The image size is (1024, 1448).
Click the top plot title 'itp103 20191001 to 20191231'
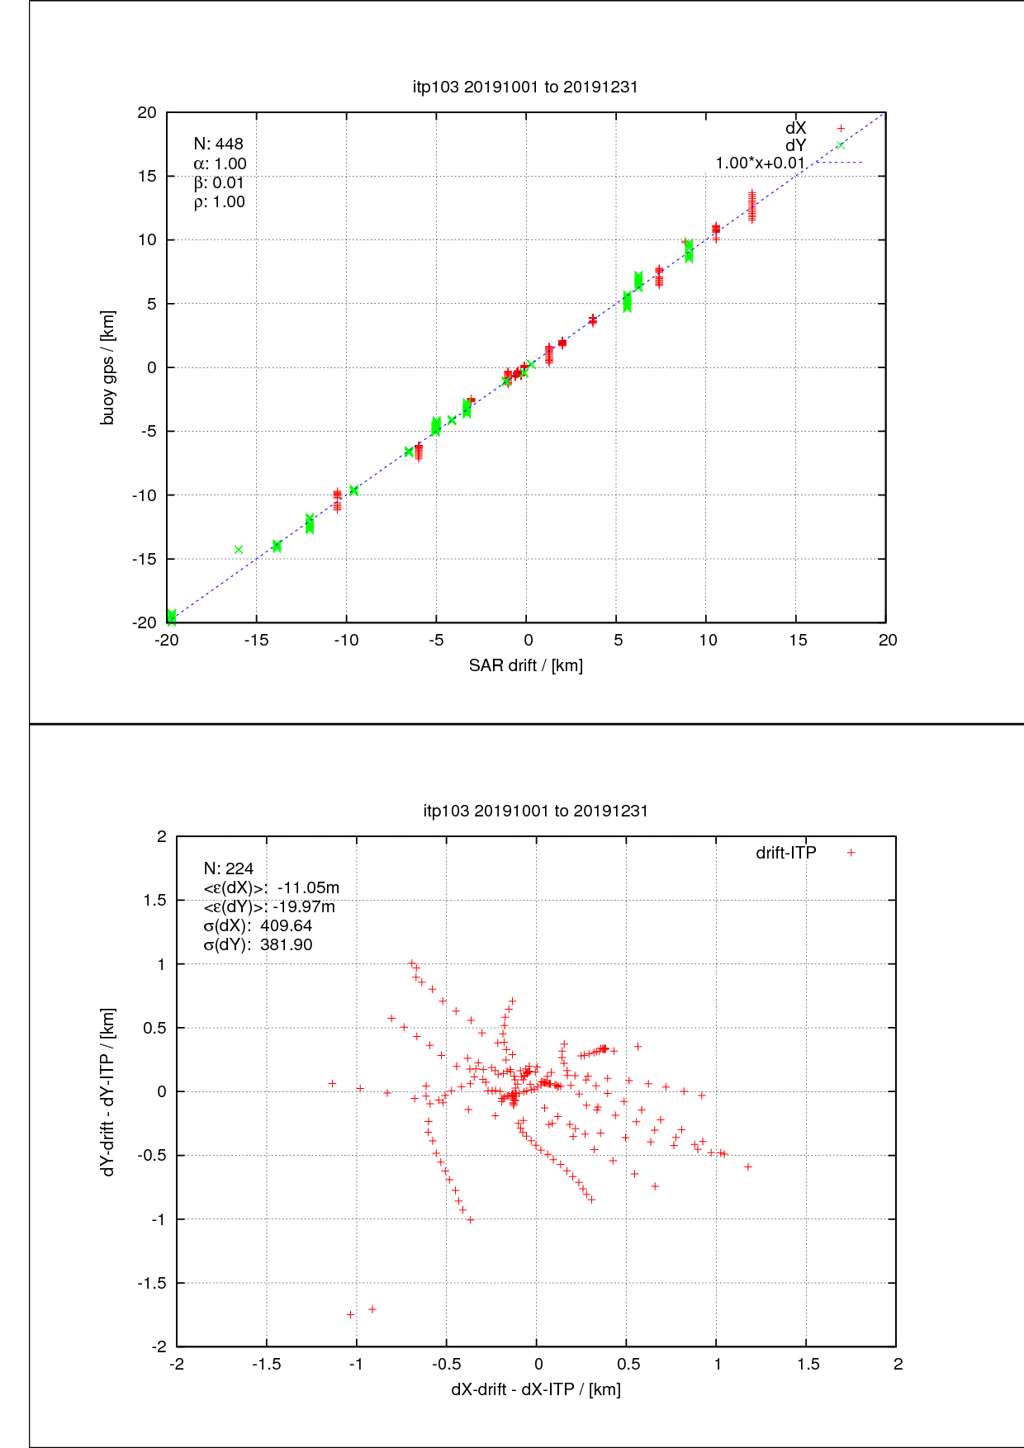point(525,87)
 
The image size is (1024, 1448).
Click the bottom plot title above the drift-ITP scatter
point(535,811)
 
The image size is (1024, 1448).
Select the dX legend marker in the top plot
point(841,128)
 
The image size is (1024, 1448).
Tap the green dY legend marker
point(841,146)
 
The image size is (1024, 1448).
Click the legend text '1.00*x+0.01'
point(760,163)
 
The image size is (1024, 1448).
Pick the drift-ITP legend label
point(785,853)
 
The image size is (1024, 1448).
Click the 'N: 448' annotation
point(218,144)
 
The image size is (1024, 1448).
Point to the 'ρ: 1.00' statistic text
point(219,202)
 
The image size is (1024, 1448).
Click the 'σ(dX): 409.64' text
point(258,925)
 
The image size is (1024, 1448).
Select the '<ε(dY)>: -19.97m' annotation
point(269,906)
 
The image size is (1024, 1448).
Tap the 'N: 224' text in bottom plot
point(229,868)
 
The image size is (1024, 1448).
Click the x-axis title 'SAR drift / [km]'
point(526,665)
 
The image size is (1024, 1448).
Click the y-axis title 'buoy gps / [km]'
point(108,367)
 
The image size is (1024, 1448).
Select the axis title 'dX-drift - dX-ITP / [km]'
point(536,1389)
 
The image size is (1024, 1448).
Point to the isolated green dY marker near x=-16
point(239,550)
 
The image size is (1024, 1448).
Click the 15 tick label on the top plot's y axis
point(146,176)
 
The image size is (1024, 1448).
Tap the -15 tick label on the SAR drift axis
point(256,641)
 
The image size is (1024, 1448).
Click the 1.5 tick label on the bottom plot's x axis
point(808,1365)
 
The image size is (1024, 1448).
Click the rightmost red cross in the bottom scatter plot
point(748,1166)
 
